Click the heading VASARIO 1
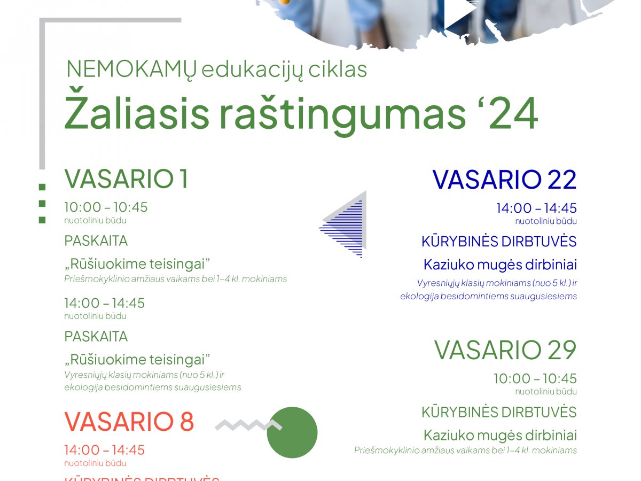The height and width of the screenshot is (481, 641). pos(126,179)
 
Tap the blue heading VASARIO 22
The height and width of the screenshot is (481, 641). pos(504,180)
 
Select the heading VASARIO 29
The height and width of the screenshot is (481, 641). pos(505,350)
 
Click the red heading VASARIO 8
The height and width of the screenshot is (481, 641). pos(129,422)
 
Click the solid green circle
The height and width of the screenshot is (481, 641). pos(292,432)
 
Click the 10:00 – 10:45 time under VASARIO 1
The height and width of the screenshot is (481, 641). pos(106,207)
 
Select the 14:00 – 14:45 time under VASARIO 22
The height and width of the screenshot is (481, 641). pos(536,208)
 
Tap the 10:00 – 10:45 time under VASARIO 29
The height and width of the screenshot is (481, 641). pos(535,378)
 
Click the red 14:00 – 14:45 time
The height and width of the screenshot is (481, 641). pos(104,450)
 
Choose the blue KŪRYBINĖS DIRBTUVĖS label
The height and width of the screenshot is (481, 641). pos(499,242)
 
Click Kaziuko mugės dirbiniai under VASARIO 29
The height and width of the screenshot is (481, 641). pos(500,435)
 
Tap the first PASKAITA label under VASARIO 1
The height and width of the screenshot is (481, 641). pos(96,241)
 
